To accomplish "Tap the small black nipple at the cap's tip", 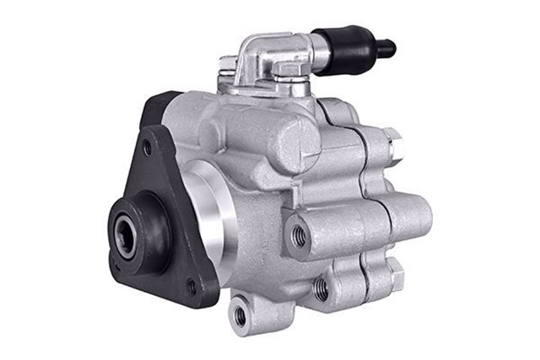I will click(x=386, y=48).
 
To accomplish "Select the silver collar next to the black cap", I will click(x=318, y=52).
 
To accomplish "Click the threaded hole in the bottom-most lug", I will click(x=240, y=316).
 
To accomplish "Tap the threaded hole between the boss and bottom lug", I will click(x=321, y=288).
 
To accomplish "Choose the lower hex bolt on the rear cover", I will click(x=394, y=274).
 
